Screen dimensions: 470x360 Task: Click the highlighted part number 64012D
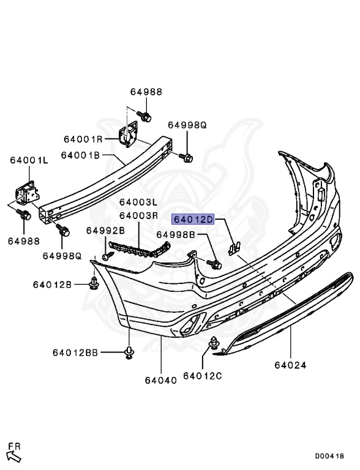193,219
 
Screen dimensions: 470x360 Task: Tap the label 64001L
28,160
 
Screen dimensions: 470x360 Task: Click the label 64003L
138,202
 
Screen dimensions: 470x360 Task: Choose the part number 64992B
105,230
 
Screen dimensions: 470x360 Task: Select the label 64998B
175,234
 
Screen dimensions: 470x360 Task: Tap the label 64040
161,379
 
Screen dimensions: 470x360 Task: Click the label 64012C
202,375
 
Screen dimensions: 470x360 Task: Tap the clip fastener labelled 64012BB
130,352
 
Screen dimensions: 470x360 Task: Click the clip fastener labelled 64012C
214,345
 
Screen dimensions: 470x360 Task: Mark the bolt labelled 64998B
216,264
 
